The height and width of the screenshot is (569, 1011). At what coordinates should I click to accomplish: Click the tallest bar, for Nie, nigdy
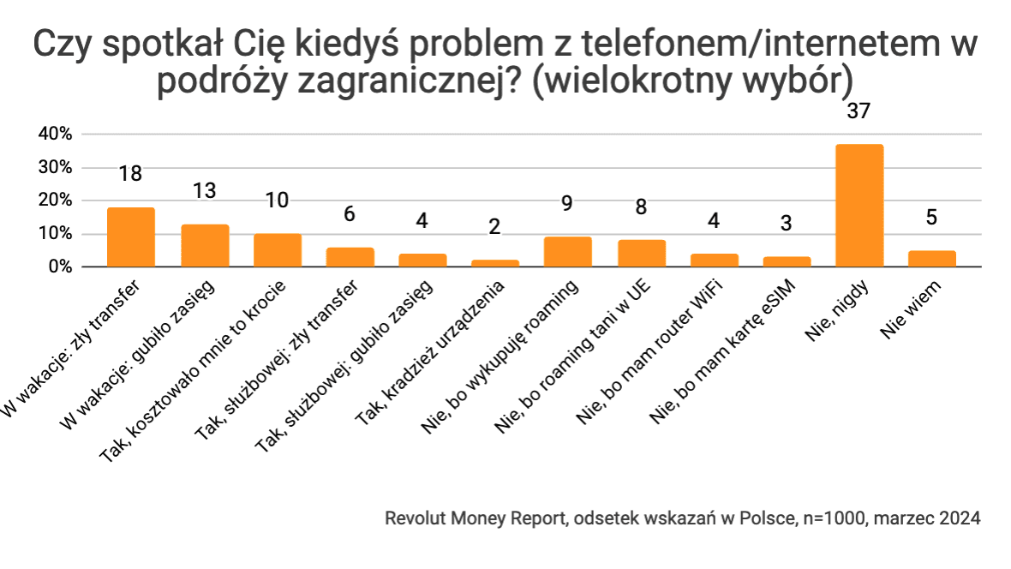point(858,206)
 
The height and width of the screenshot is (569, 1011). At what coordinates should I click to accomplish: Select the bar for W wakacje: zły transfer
point(130,237)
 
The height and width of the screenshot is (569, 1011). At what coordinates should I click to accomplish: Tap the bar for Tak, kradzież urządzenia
point(494,263)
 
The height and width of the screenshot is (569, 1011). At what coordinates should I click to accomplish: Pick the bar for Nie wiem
point(931,259)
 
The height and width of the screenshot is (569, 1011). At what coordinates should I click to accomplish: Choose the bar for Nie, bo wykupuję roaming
point(567,252)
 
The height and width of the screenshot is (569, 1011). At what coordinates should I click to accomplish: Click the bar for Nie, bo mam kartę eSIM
point(786,261)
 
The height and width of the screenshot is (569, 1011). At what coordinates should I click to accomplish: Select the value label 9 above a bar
point(567,205)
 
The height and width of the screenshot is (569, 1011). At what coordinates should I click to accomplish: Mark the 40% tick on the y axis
point(54,135)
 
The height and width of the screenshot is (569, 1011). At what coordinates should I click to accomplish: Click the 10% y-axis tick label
point(54,234)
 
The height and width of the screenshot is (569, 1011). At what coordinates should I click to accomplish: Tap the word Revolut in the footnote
point(411,519)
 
